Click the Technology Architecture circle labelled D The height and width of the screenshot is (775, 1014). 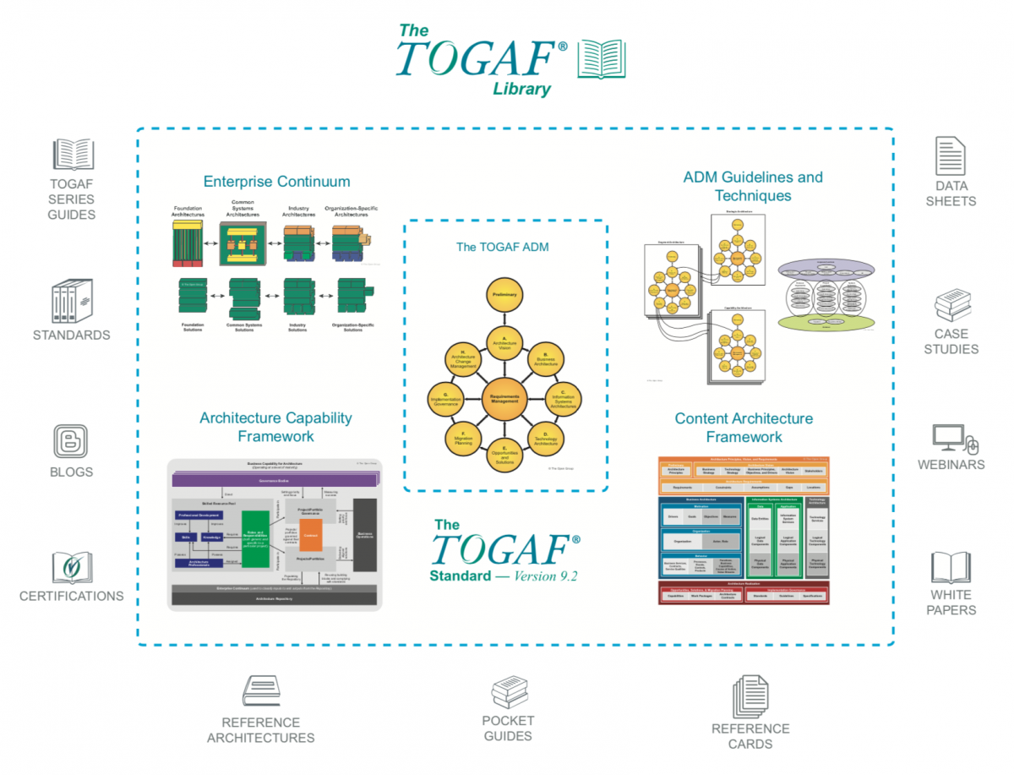click(x=546, y=437)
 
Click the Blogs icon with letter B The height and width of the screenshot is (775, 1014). click(x=71, y=440)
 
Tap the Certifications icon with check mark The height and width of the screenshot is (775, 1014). click(x=72, y=568)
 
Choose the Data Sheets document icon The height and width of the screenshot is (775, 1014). click(x=950, y=156)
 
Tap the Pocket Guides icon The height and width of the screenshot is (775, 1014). click(x=510, y=693)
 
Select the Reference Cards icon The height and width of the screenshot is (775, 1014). click(x=750, y=698)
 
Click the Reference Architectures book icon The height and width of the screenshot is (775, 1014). click(x=261, y=692)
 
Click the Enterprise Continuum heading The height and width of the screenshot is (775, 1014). click(x=276, y=181)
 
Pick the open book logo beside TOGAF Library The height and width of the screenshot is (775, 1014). click(x=601, y=59)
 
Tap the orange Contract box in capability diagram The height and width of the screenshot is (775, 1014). click(x=310, y=535)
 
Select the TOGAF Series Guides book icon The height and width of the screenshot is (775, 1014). click(x=73, y=155)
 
